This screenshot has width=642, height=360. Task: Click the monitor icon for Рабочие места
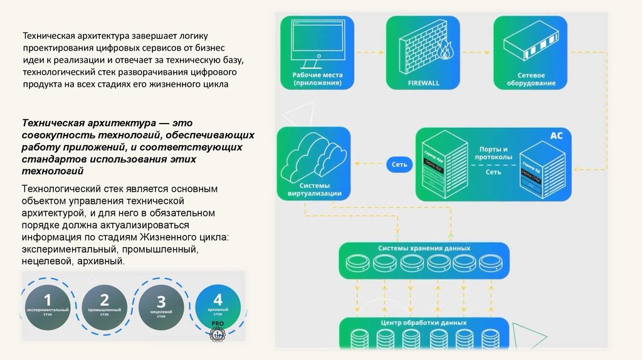(x=317, y=43)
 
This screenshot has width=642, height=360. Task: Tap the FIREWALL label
(x=424, y=83)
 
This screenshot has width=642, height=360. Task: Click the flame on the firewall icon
(x=445, y=51)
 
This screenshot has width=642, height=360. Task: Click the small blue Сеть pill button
(x=399, y=164)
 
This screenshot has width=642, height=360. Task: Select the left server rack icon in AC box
(x=445, y=166)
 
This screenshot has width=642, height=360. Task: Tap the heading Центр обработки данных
(x=424, y=323)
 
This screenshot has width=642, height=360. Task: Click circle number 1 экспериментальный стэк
(x=47, y=306)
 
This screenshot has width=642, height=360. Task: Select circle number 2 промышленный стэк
(x=104, y=306)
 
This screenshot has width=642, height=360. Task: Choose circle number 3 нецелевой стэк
(x=161, y=307)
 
